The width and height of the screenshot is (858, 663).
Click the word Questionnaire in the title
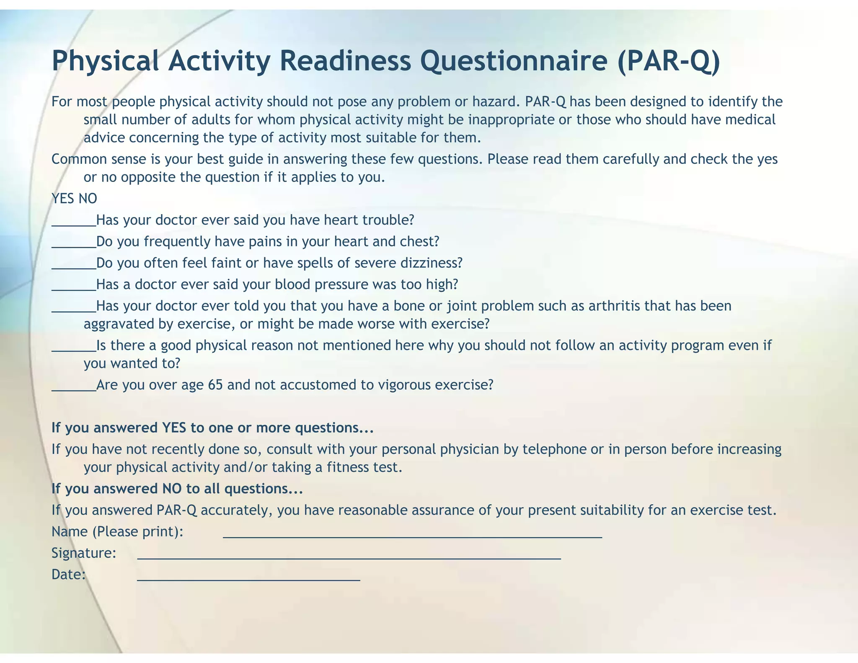pos(514,61)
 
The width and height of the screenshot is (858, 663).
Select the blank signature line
pos(349,557)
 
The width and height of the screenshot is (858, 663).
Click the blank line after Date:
pos(248,579)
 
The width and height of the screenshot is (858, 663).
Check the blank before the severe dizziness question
pos(74,267)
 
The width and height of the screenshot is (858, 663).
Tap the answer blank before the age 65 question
pos(74,389)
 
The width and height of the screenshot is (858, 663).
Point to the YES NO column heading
pos(74,199)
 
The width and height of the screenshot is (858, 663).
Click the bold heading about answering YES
pos(212,428)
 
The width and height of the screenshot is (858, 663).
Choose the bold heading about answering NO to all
pos(177,489)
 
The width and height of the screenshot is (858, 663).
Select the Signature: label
pos(84,553)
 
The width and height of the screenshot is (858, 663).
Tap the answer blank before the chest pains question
pos(74,246)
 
